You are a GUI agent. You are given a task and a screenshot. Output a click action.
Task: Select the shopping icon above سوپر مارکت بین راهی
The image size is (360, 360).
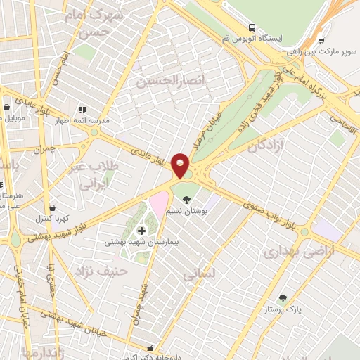[x=321, y=40]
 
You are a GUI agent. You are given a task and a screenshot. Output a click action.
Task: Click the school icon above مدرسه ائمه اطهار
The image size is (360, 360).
[x=82, y=110]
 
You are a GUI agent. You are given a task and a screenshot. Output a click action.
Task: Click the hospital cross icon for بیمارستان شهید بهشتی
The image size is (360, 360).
[x=141, y=230]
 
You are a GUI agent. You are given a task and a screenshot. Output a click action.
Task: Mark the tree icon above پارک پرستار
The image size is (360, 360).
[x=283, y=298]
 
